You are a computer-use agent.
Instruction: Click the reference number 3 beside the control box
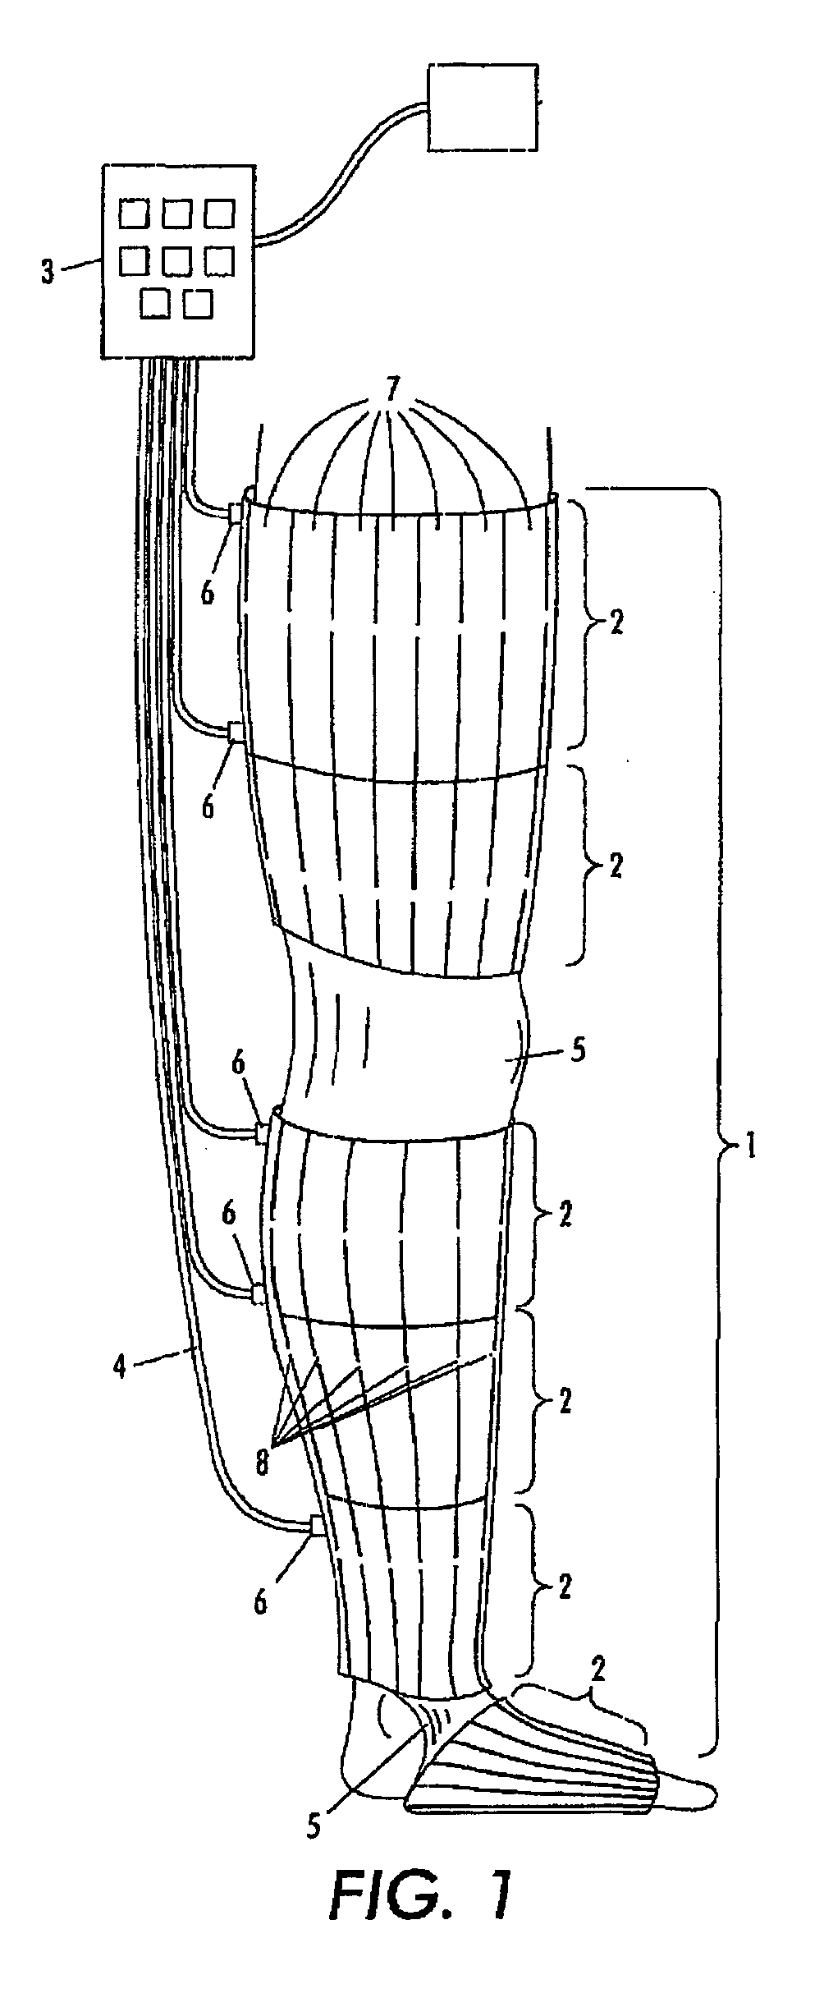point(49,272)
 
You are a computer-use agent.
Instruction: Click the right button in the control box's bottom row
point(198,304)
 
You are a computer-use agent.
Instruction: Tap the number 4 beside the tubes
point(121,1369)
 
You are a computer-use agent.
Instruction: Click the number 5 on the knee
point(579,1052)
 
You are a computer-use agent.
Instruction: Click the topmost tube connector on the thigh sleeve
point(236,514)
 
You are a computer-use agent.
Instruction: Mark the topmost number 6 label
point(208,592)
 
